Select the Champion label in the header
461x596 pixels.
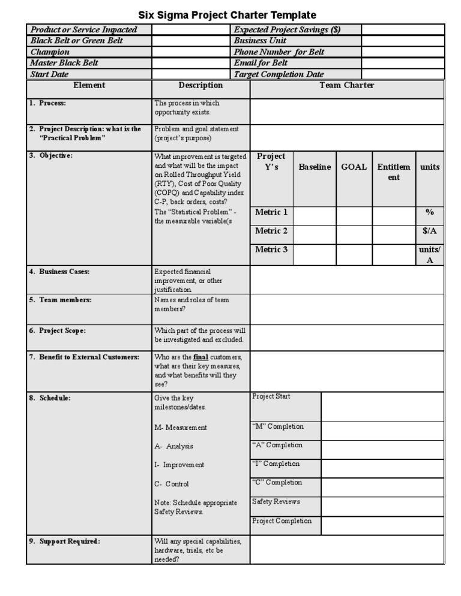pos(50,52)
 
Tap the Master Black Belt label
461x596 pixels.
pos(64,63)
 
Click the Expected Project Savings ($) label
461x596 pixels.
pos(287,30)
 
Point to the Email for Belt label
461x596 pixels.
pos(261,63)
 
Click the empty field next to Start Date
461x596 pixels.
pos(191,74)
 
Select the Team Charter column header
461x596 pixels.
pos(347,86)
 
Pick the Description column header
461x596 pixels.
pos(200,86)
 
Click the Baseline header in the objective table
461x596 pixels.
pos(315,167)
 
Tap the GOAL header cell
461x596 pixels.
pos(354,167)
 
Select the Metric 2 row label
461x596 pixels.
pos(271,231)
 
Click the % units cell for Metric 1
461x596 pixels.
pos(430,212)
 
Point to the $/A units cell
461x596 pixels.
pos(430,231)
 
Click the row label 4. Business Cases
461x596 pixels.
pos(59,272)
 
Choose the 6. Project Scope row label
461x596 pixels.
pos(58,330)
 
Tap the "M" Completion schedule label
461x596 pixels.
pos(278,427)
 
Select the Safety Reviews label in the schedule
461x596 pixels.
pos(276,502)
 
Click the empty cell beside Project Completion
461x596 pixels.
pos(382,525)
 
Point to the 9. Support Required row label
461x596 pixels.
pos(65,541)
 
